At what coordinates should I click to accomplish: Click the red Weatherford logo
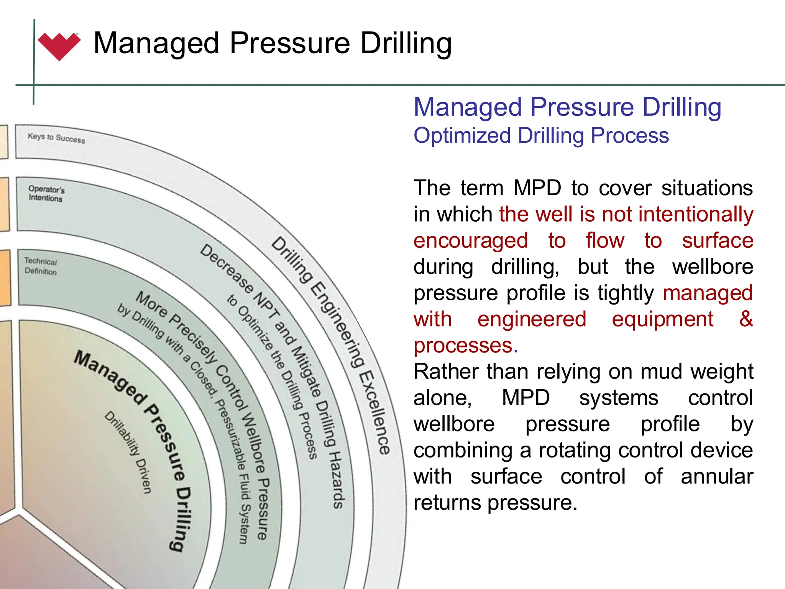coord(59,46)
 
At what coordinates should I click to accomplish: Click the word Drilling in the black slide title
coord(406,43)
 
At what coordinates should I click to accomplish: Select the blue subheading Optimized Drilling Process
coord(541,136)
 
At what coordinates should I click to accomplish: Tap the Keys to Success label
coord(56,138)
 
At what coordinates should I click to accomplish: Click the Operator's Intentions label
coord(46,194)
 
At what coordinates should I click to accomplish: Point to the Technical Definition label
coord(41,266)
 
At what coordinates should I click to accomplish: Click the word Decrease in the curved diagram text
coord(226,268)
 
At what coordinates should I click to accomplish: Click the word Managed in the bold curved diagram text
coord(111,377)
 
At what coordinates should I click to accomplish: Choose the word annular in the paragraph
coord(717,476)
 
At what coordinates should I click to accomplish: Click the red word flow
coord(605,241)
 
